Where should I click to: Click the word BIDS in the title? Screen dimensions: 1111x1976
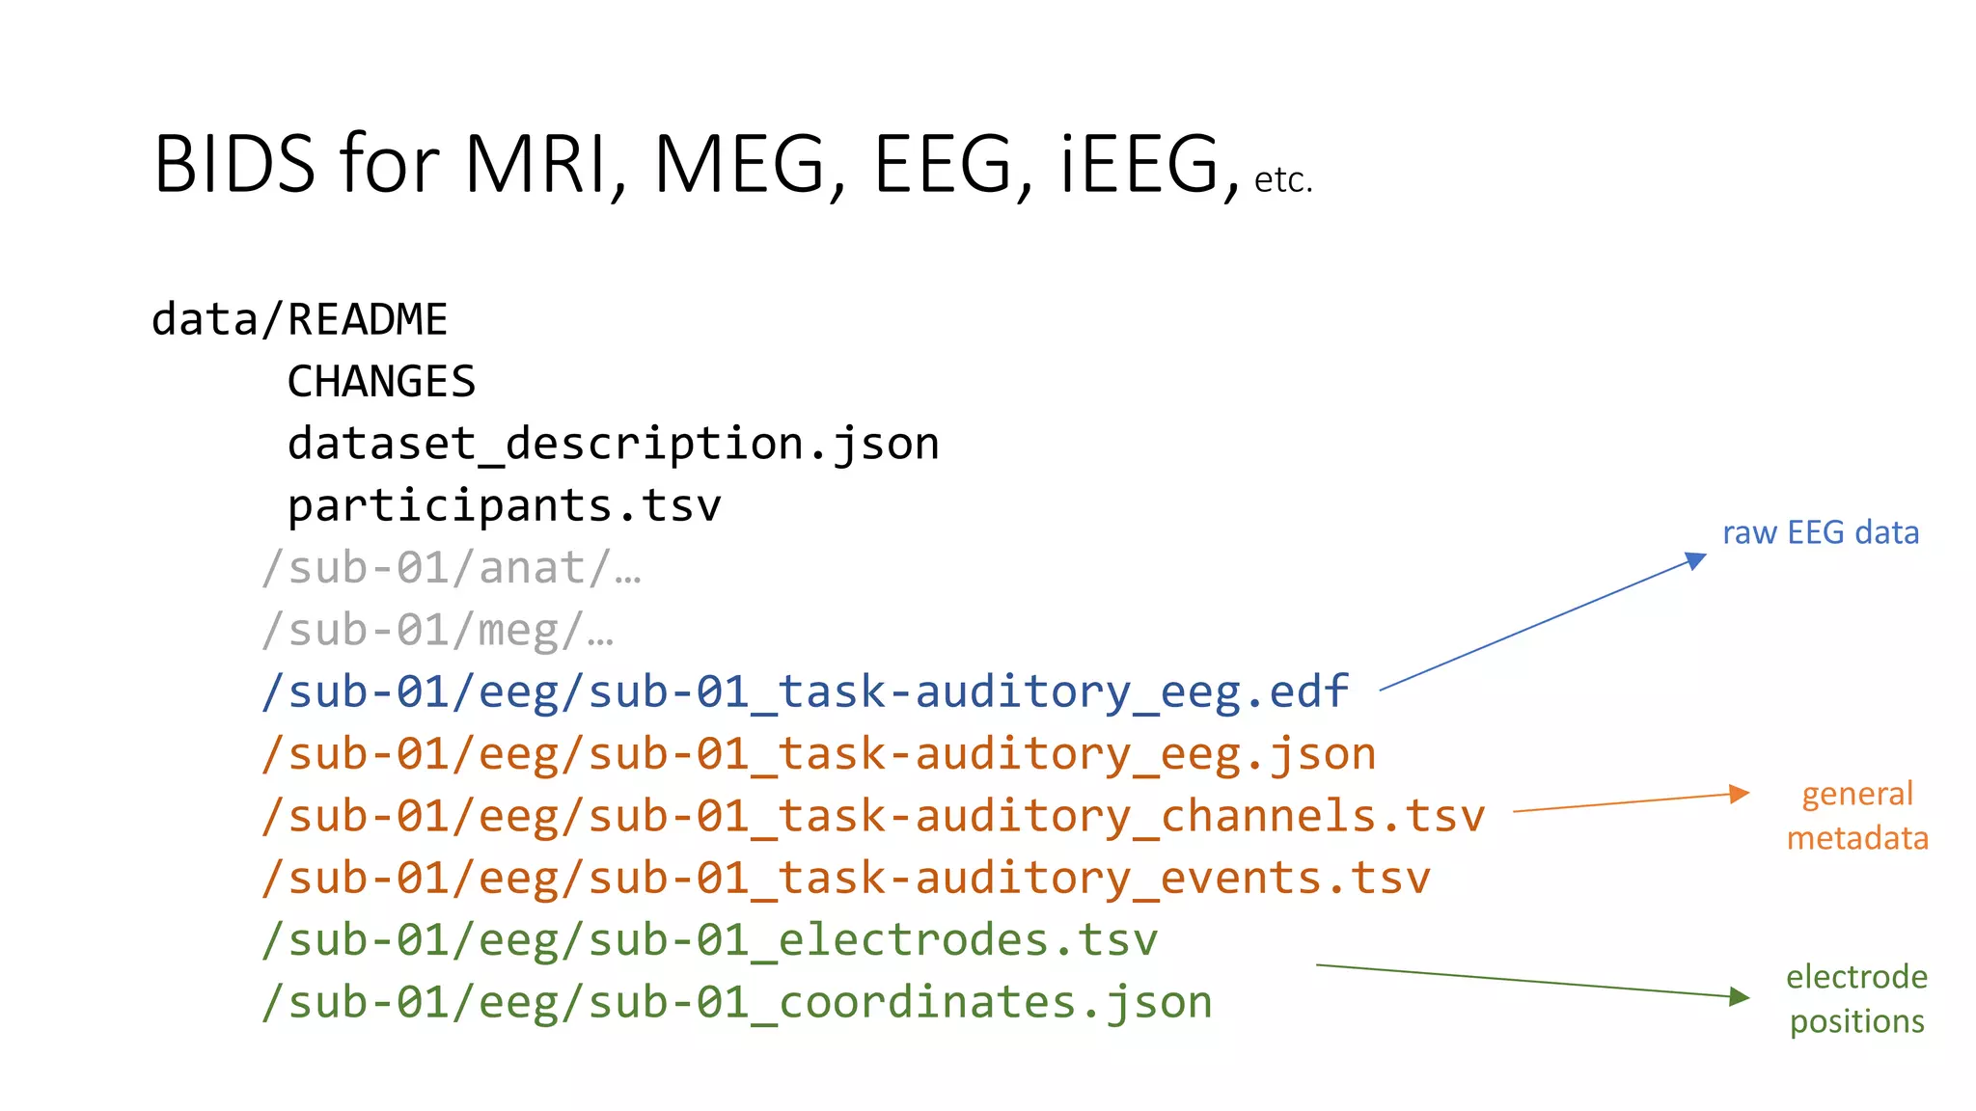pos(234,164)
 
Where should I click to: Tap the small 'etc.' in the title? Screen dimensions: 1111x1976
pos(1283,180)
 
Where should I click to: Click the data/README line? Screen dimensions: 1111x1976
pos(300,320)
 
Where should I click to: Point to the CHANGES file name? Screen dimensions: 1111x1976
pos(381,382)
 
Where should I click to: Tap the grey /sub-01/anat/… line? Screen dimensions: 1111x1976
pos(452,568)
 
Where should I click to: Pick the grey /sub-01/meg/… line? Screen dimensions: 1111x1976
pos(437,631)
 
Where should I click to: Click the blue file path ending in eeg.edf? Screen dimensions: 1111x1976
pos(805,692)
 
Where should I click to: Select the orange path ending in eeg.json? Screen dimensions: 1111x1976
pos(818,754)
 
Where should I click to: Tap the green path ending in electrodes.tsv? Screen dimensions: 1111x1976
pos(709,940)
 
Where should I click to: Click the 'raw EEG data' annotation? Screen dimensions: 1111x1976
pos(1821,532)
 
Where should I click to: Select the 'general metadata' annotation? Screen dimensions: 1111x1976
pos(1857,816)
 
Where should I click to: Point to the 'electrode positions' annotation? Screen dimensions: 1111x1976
pos(1856,999)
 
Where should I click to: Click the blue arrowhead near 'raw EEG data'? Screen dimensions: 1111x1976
pos(1695,560)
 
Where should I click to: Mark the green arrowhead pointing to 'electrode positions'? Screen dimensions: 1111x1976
pos(1739,996)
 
